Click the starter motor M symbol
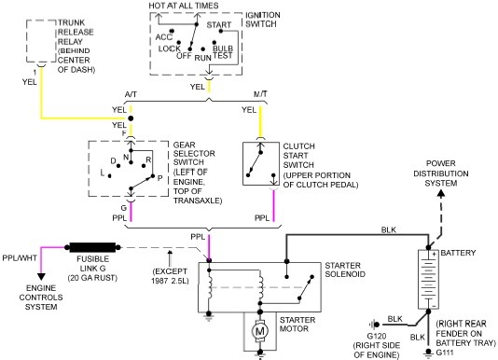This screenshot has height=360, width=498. [260, 331]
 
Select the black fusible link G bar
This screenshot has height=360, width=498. [92, 247]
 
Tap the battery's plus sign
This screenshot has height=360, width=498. [434, 255]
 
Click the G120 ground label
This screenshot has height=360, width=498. [377, 336]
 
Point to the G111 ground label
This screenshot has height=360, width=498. [445, 353]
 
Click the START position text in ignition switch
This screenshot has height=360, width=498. [219, 25]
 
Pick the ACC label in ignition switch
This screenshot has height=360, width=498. [163, 37]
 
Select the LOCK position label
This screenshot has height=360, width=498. [170, 48]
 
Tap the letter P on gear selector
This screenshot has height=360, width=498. [159, 178]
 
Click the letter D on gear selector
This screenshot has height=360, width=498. [113, 161]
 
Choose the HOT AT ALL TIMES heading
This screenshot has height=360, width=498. [184, 6]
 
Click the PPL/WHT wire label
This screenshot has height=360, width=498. [20, 257]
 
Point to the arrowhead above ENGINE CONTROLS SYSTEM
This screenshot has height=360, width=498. [41, 276]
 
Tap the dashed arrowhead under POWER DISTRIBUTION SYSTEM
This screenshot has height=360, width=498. [441, 193]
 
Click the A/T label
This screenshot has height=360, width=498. [131, 94]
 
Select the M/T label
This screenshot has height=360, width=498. [260, 94]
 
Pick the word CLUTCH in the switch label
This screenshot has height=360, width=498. [298, 146]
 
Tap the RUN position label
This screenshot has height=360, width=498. [203, 58]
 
